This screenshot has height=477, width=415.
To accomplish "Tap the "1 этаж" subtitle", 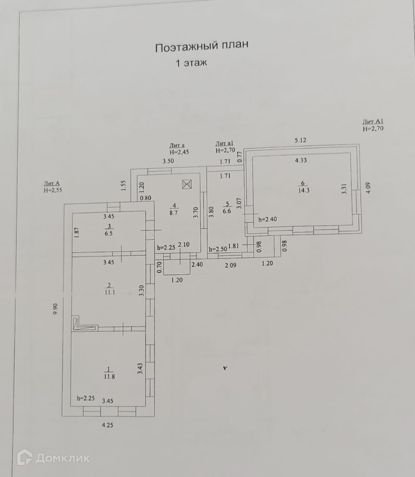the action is [x=192, y=63].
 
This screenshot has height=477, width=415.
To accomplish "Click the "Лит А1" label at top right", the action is [x=373, y=121].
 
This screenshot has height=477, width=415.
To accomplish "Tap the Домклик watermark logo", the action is [x=54, y=458].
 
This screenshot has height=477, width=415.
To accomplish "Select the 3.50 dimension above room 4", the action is [x=168, y=162].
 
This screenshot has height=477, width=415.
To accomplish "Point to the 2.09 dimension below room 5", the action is [x=231, y=265].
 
